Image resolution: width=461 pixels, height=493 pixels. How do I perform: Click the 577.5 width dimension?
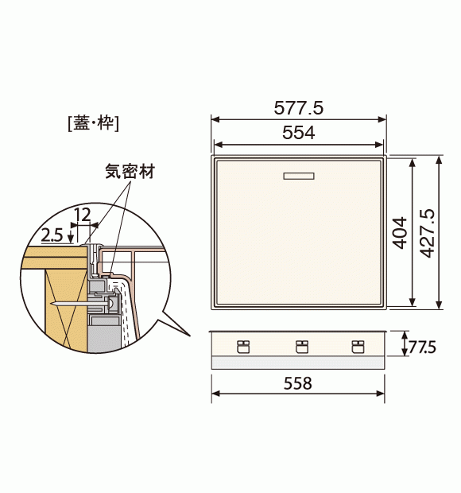click(298, 108)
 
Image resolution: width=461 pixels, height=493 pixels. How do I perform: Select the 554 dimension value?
click(298, 132)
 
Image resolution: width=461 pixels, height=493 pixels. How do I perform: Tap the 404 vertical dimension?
click(400, 233)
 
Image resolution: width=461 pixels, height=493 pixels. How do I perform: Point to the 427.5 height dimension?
click(428, 233)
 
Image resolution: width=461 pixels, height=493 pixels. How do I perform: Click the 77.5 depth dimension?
click(422, 347)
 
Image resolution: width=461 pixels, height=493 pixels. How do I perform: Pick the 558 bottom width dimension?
click(297, 383)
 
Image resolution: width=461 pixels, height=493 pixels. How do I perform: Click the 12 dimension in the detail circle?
click(83, 215)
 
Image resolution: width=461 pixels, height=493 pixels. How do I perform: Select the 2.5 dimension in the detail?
click(52, 235)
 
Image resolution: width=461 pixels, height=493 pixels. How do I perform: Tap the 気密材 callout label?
click(130, 171)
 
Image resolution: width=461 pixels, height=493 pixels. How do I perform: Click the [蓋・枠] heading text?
click(94, 123)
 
